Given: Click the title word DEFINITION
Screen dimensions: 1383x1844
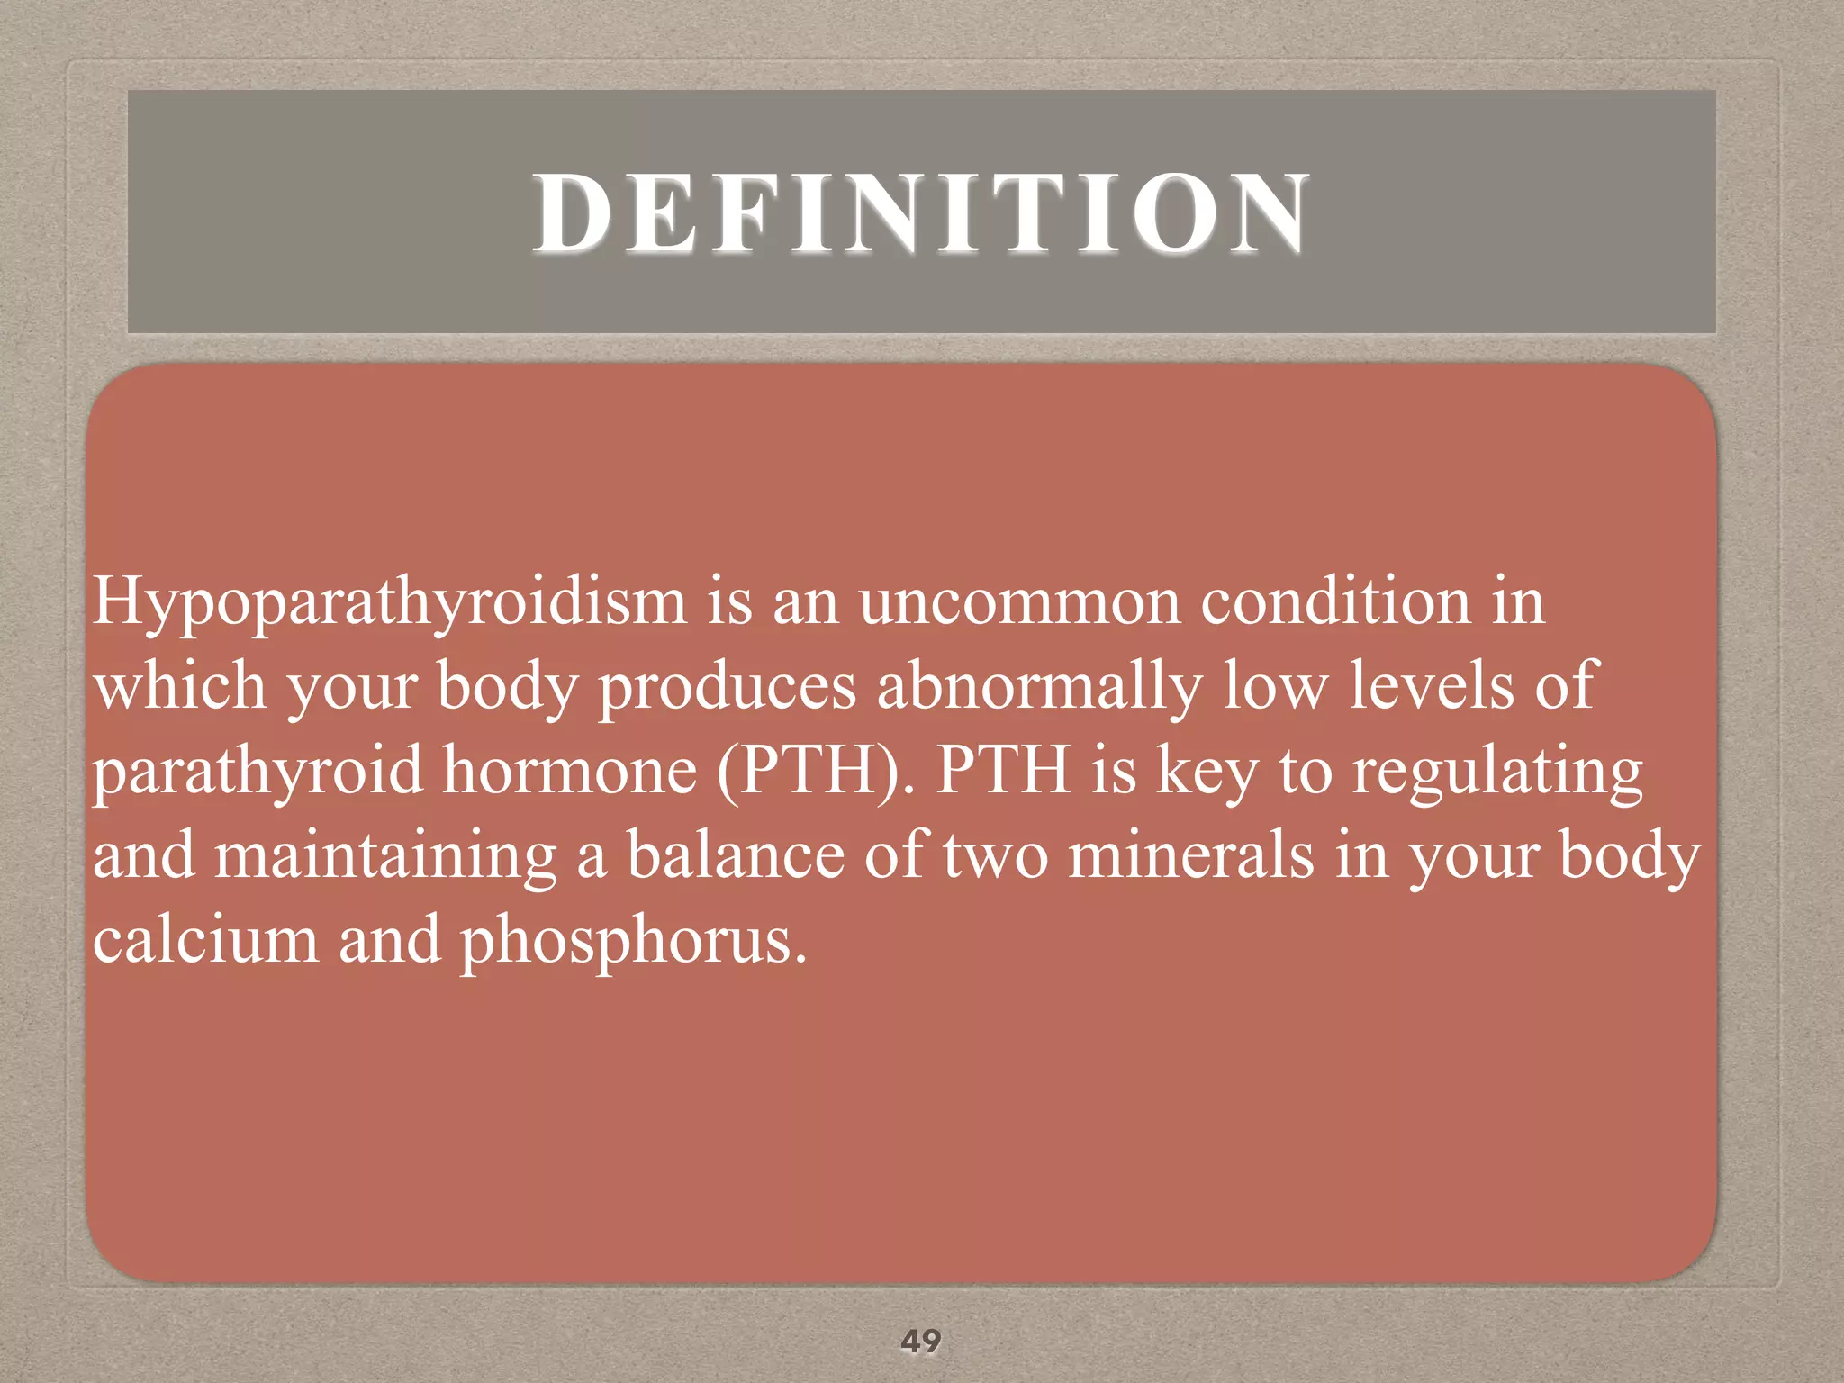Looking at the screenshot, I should (x=921, y=213).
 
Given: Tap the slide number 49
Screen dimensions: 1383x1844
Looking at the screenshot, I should (x=921, y=1341).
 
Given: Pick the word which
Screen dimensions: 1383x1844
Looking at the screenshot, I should (x=179, y=686).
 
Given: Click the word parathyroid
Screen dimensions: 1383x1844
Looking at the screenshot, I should (x=258, y=773).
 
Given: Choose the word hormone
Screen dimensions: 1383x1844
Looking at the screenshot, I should (x=570, y=771).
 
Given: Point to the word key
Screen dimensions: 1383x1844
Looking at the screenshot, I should (x=1207, y=773).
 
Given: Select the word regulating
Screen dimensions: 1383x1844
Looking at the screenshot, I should (x=1497, y=773).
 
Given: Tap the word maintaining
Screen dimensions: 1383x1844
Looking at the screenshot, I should (x=385, y=856).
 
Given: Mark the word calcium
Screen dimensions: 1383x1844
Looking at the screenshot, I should (x=205, y=940).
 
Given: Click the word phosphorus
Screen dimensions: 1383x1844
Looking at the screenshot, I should (x=633, y=942).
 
